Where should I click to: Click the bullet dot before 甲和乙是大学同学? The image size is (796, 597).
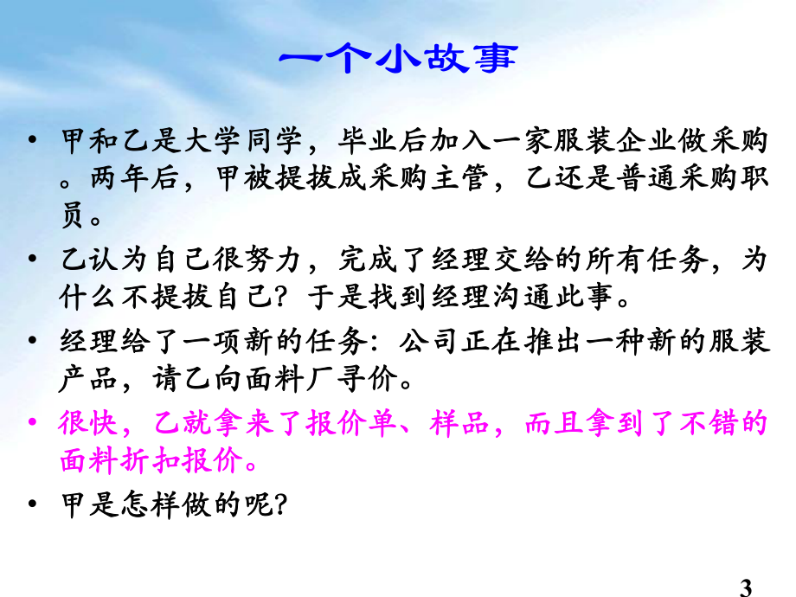pos(33,141)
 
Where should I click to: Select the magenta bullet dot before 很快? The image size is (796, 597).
pos(33,424)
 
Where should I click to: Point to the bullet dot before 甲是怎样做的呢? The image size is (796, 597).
pos(33,502)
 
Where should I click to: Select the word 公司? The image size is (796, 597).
pos(422,337)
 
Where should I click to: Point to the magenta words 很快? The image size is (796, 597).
pos(85,424)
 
